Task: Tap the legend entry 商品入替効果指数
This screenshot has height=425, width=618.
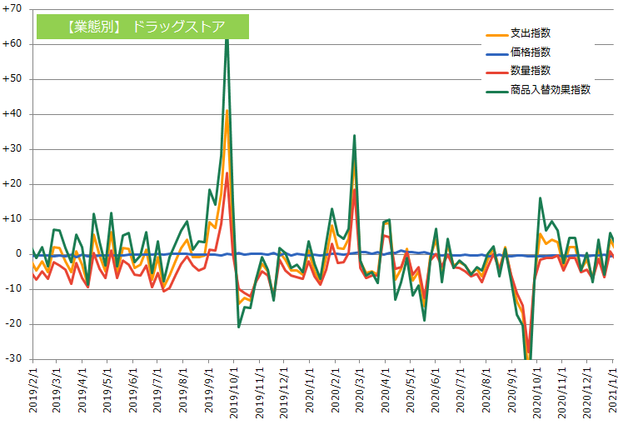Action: [x=551, y=90]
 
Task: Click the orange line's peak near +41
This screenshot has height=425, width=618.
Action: [x=227, y=111]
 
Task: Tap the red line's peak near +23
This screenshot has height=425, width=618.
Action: [x=227, y=173]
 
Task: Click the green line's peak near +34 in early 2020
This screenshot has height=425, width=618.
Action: [x=355, y=135]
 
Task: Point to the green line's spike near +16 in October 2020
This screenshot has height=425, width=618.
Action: [x=540, y=198]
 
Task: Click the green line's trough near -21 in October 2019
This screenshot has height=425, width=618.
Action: [x=239, y=327]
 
